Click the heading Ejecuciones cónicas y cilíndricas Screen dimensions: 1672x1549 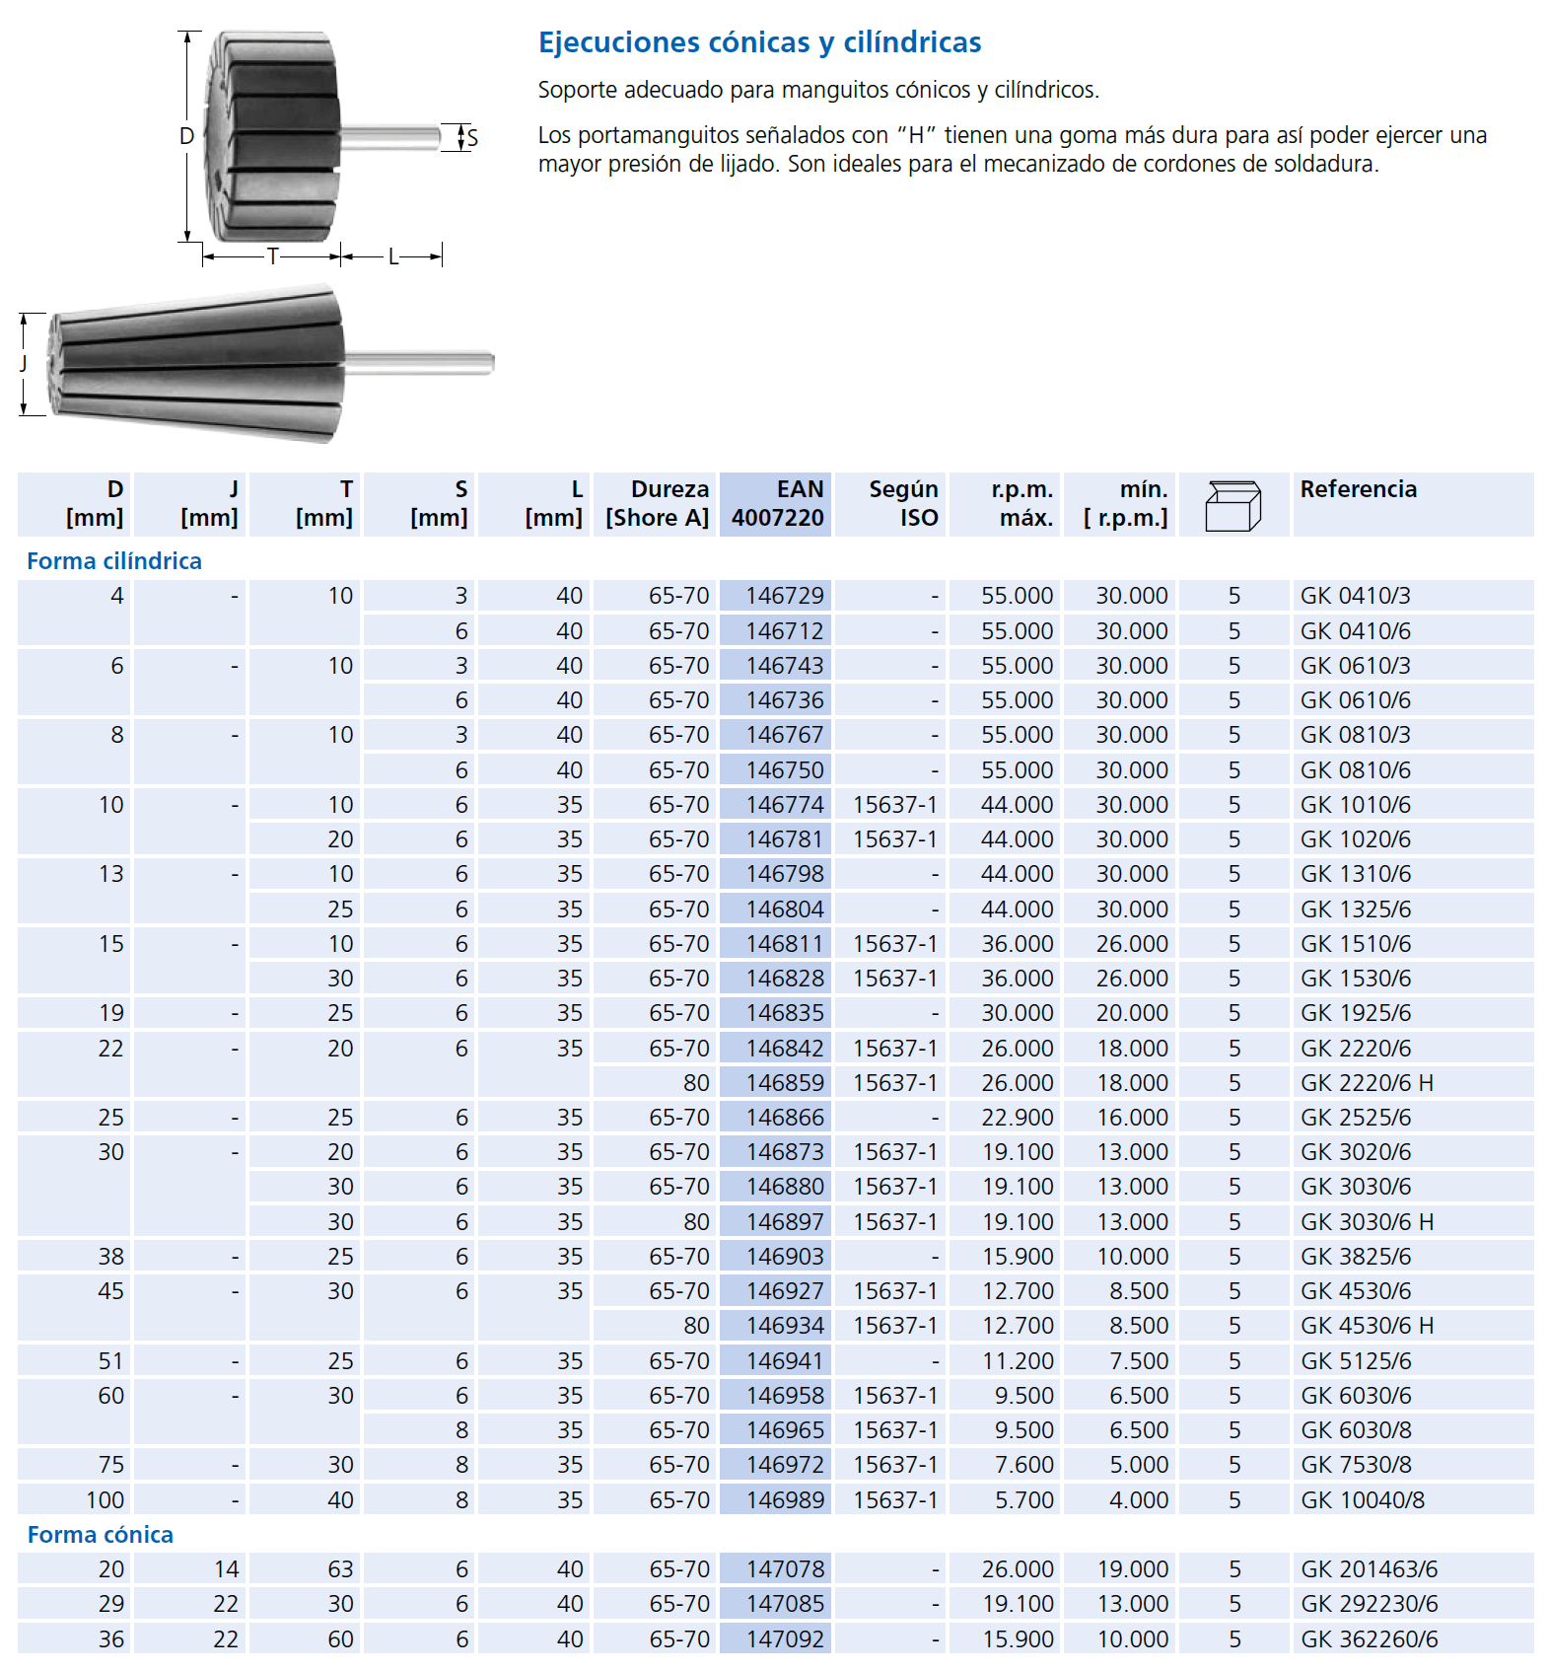click(759, 42)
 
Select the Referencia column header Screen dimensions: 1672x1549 click(1358, 489)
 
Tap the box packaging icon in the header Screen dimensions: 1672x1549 click(1232, 506)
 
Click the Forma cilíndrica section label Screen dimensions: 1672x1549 click(114, 561)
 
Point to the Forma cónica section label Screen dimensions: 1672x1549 click(101, 1535)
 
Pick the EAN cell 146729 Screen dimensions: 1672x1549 click(784, 596)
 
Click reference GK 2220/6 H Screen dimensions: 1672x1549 click(1367, 1083)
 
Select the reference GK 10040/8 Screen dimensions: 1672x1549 click(1363, 1500)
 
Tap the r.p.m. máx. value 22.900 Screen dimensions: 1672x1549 click(1017, 1118)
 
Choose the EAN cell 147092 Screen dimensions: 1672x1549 click(784, 1639)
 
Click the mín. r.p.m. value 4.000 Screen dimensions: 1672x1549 click(1138, 1500)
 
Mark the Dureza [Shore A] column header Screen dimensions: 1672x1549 click(657, 504)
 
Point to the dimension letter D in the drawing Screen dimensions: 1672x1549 click(186, 136)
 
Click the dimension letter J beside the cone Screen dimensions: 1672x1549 click(24, 363)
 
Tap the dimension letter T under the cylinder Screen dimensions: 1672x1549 click(273, 256)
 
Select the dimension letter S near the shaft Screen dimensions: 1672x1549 click(472, 138)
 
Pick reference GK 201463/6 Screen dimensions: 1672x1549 click(1369, 1569)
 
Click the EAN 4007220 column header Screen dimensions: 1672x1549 click(777, 504)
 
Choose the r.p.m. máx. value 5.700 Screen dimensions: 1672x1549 click(1023, 1500)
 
